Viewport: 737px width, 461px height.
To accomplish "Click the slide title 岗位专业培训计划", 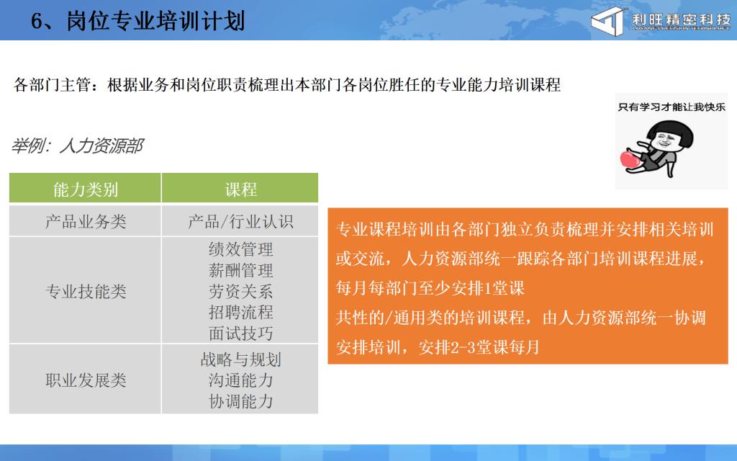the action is click(x=155, y=22).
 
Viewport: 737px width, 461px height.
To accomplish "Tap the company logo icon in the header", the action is click(x=608, y=21).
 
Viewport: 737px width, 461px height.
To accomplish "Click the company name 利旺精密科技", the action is click(x=681, y=19).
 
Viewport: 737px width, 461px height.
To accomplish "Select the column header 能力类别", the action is click(x=85, y=189).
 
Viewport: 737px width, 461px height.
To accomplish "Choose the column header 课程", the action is click(x=240, y=189).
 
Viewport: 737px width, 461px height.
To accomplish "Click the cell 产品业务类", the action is click(x=86, y=222).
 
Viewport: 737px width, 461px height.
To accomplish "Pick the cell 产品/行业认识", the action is click(x=240, y=222).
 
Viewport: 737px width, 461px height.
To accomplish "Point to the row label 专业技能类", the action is click(x=86, y=292).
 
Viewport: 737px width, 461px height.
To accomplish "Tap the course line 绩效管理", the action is click(x=240, y=249).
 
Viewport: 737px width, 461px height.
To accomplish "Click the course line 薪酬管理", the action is click(x=240, y=271).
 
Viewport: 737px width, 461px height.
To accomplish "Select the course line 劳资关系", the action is click(x=240, y=292).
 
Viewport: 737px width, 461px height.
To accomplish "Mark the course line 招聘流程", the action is click(x=240, y=313).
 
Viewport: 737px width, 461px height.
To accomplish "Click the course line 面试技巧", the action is click(x=240, y=334).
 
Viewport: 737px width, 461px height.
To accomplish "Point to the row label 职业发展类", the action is click(x=86, y=380).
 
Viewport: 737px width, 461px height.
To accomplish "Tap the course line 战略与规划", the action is click(x=240, y=360).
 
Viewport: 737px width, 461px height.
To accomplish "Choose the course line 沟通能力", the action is click(x=240, y=380).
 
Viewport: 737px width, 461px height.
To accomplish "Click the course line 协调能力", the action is click(x=240, y=401).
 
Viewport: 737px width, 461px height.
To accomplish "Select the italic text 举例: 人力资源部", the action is click(x=78, y=146).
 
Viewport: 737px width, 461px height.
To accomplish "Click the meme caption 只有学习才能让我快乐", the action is click(x=672, y=107).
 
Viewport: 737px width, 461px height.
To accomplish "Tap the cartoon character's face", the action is click(x=664, y=140).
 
